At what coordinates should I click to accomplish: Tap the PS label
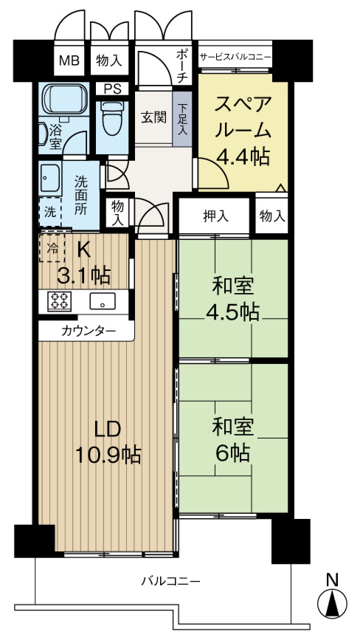(112, 89)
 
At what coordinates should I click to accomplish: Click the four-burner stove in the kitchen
(58, 300)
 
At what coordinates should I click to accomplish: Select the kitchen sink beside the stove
(101, 300)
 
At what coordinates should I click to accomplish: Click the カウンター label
(88, 331)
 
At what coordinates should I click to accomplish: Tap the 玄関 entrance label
(153, 117)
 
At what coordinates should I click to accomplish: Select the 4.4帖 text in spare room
(242, 156)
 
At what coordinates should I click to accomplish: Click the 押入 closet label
(215, 216)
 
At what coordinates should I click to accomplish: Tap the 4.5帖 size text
(232, 312)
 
